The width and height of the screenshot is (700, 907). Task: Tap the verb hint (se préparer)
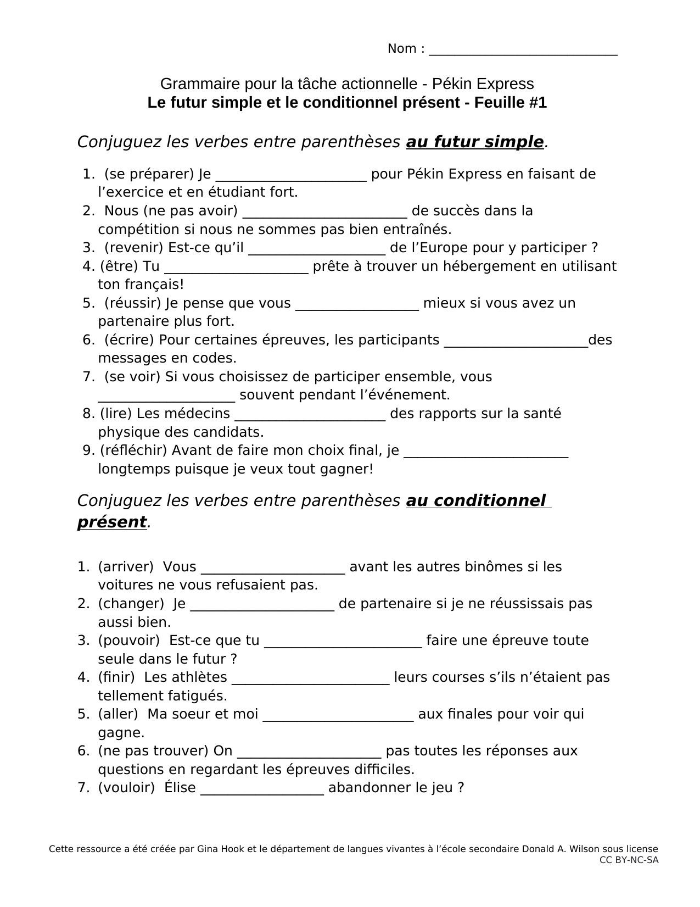pyautogui.click(x=149, y=174)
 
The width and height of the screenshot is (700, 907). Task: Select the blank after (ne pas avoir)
pyautogui.click(x=324, y=213)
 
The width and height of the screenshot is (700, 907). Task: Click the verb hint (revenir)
pyautogui.click(x=133, y=248)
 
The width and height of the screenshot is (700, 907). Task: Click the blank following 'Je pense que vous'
pyautogui.click(x=357, y=305)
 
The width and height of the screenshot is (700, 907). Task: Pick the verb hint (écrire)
pyautogui.click(x=129, y=340)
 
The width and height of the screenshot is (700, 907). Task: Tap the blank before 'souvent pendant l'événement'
pyautogui.click(x=166, y=397)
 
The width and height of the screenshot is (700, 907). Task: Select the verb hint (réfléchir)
pyautogui.click(x=133, y=450)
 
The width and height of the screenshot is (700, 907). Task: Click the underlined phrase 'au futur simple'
pyautogui.click(x=474, y=142)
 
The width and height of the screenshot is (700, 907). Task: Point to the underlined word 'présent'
pyautogui.click(x=112, y=522)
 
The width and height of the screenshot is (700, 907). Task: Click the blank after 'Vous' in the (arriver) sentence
pyautogui.click(x=273, y=569)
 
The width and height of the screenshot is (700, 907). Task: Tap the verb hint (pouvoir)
pyautogui.click(x=129, y=641)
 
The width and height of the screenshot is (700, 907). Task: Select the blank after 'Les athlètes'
pyautogui.click(x=311, y=679)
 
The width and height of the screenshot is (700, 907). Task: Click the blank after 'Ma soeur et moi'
pyautogui.click(x=338, y=716)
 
